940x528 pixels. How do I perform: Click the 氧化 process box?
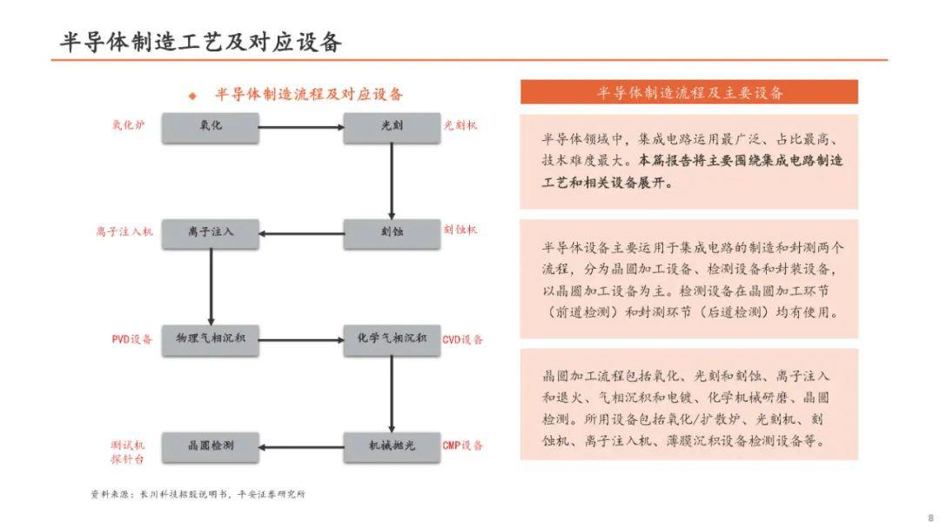coord(211,128)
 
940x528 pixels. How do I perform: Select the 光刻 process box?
coord(392,128)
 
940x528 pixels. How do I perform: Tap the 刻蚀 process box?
coord(392,234)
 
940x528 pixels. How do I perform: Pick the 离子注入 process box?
coord(211,234)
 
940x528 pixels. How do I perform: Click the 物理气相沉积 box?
coord(211,340)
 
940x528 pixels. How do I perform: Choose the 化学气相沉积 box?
coord(392,340)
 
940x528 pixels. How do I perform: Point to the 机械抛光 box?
coord(392,447)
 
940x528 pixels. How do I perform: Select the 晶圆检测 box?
coord(211,447)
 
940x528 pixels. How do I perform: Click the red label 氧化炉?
coord(128,125)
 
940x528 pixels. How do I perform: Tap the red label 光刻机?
coord(460,125)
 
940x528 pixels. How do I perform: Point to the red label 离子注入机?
coord(124,231)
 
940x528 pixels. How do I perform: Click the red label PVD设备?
coord(132,339)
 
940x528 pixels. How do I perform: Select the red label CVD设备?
coord(463,339)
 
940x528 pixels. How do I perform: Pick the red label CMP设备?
coord(463,445)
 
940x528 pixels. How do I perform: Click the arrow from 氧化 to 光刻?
coord(301,127)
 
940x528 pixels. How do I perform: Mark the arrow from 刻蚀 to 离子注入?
coord(301,234)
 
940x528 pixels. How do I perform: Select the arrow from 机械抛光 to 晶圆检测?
coord(301,447)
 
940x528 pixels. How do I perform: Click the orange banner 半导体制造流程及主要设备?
coord(689,92)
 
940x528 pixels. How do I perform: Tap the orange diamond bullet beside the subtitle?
coord(192,96)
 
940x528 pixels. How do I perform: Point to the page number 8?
coord(931,518)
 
